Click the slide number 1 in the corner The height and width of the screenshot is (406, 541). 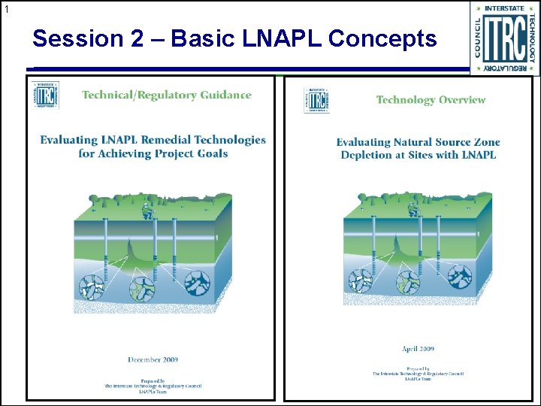(x=6, y=10)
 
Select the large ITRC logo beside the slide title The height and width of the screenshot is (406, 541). (x=505, y=38)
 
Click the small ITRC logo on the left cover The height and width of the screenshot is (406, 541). (x=47, y=95)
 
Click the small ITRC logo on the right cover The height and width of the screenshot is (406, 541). (x=316, y=100)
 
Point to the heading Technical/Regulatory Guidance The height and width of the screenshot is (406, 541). (x=166, y=95)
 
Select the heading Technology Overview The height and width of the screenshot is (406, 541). (x=431, y=100)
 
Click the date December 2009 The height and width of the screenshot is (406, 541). (x=153, y=360)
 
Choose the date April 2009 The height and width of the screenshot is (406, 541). (x=419, y=350)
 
